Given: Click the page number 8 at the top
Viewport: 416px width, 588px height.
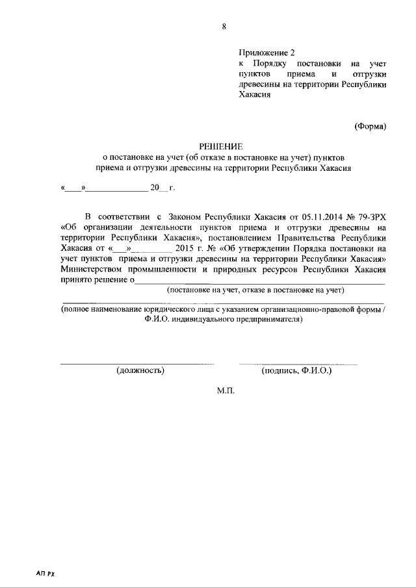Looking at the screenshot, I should click(x=224, y=27).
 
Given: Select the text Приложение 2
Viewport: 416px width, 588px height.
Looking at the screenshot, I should click(x=266, y=51).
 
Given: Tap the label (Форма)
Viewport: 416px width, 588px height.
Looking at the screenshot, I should click(x=370, y=126).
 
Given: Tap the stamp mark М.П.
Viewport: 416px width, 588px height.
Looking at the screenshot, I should click(x=224, y=392).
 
